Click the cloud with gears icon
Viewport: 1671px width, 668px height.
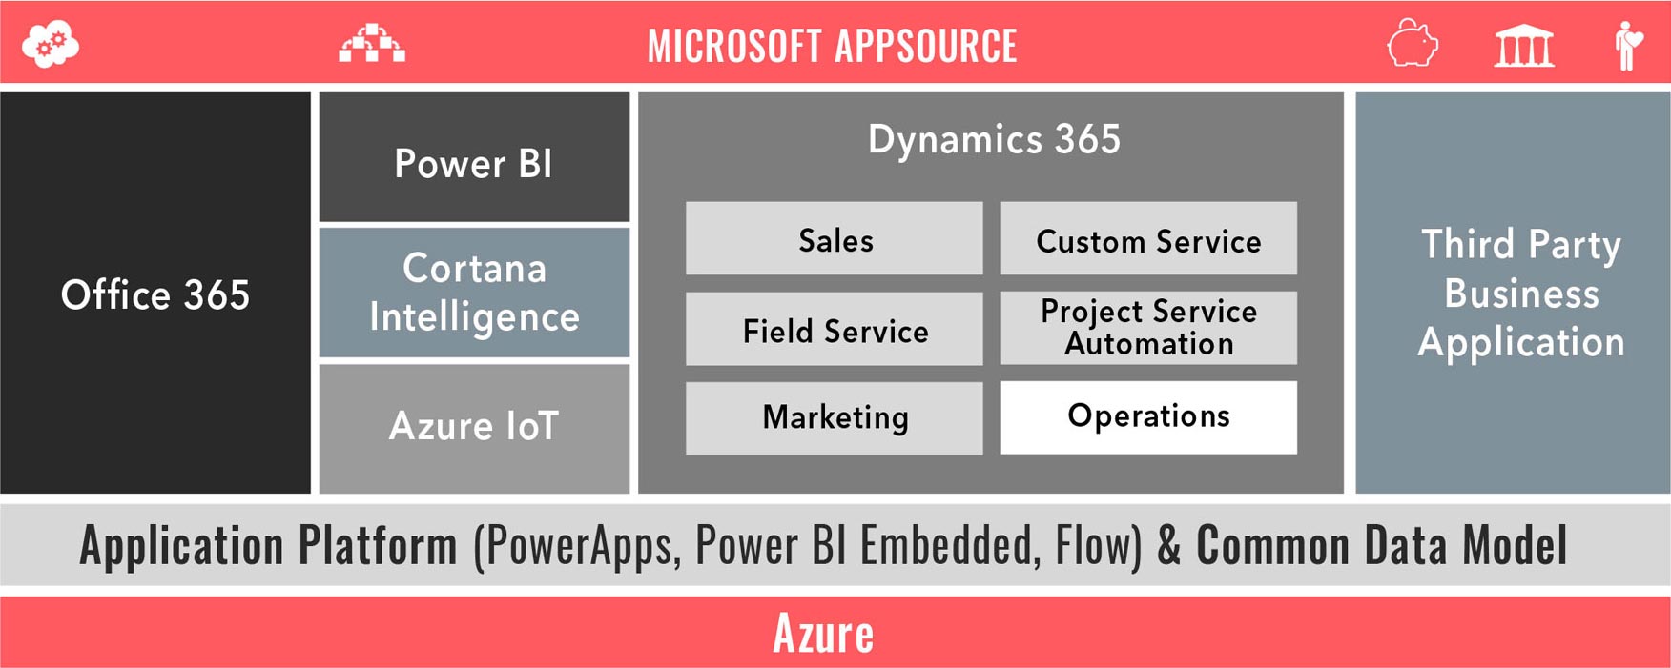tap(51, 45)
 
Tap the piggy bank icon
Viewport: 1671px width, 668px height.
tap(1413, 44)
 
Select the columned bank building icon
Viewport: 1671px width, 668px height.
tap(1524, 46)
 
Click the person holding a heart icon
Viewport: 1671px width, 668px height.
tap(1628, 46)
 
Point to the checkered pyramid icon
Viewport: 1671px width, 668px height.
tap(372, 43)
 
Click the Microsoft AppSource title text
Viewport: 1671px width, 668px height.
tap(833, 46)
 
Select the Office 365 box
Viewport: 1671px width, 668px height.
tap(155, 293)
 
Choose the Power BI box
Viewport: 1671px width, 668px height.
tap(474, 157)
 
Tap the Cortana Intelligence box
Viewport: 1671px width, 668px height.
tap(474, 293)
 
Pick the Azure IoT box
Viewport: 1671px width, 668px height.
tap(474, 429)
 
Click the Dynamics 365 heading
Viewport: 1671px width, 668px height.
tap(994, 139)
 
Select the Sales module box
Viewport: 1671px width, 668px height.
tap(835, 238)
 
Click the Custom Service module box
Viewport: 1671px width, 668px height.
tap(1148, 238)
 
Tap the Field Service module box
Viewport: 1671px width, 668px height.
tap(835, 329)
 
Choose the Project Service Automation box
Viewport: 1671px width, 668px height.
tap(1148, 328)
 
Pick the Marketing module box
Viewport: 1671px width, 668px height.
tap(835, 418)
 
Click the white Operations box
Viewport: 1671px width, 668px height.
tap(1148, 417)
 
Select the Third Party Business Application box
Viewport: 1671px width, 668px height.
tap(1513, 293)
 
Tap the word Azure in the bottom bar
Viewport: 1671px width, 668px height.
tap(823, 633)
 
